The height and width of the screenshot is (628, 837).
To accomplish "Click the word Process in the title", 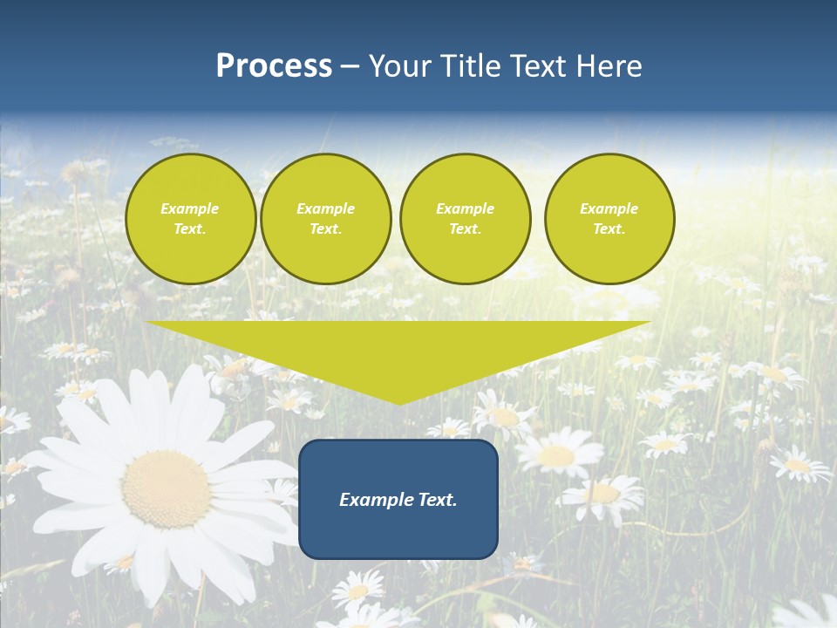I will [274, 66].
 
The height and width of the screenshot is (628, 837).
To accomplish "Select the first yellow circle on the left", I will [191, 219].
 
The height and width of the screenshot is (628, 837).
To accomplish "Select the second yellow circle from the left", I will [326, 219].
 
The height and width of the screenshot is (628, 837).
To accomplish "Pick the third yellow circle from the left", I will [466, 219].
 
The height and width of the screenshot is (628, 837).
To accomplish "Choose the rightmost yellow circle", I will [609, 219].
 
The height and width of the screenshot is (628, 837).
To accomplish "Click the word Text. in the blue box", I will [436, 500].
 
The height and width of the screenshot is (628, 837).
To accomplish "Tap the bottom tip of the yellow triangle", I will [398, 403].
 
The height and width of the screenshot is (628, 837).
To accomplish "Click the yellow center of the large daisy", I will [167, 488].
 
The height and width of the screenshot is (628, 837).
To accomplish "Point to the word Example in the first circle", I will [190, 208].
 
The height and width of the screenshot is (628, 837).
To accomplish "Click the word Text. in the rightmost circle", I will [609, 229].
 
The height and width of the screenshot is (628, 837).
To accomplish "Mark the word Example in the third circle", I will [466, 208].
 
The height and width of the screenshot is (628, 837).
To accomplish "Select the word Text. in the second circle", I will [326, 229].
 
